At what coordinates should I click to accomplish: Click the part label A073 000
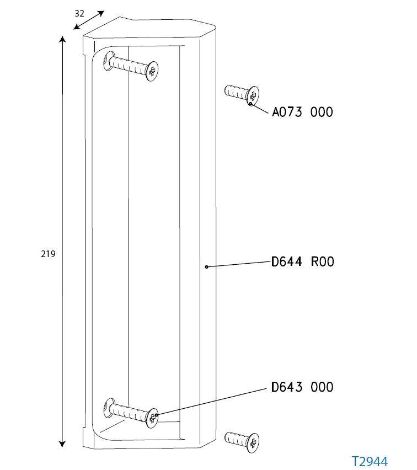[303, 112]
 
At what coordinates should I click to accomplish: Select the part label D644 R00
[303, 261]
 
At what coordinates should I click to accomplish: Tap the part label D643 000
[302, 387]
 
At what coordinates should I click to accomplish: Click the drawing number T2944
[370, 461]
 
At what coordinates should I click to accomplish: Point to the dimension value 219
[48, 254]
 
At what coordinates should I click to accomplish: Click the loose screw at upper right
[242, 94]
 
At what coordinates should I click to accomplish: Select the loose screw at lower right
[243, 440]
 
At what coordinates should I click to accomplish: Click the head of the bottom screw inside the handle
[152, 417]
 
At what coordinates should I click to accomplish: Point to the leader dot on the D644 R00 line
[206, 267]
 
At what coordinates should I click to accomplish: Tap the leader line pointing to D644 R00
[237, 264]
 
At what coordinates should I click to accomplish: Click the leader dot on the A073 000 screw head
[250, 103]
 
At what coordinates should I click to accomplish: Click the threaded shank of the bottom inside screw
[130, 412]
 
